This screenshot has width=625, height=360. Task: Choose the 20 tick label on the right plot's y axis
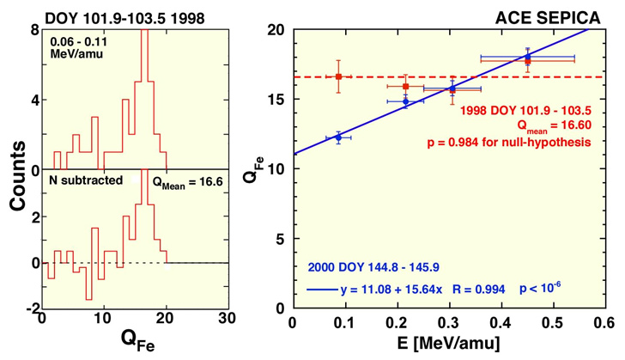[x=276, y=30]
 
